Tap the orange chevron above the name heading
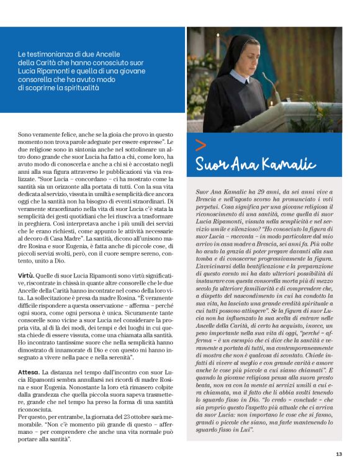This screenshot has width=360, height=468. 200,146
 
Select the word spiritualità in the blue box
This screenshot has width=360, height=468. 77,89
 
